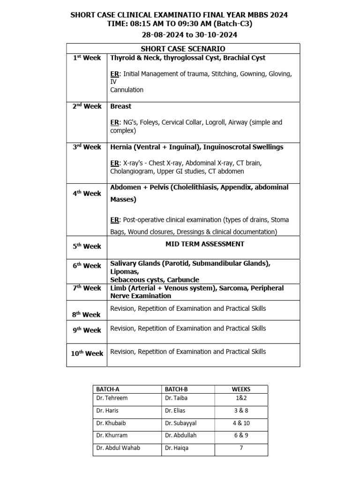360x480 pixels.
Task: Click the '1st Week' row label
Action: (x=87, y=58)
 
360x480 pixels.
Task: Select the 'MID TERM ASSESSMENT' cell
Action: (x=204, y=244)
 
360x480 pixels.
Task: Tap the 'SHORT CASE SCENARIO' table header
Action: (x=183, y=49)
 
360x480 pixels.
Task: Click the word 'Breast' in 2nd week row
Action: (x=120, y=106)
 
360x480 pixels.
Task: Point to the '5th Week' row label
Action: (x=87, y=246)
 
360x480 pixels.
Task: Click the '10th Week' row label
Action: (x=87, y=353)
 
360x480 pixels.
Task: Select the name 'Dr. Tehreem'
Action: (x=112, y=398)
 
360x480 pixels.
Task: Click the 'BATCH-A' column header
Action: (x=108, y=389)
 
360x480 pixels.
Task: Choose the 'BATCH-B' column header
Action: (x=176, y=389)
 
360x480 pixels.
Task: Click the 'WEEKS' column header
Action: (x=241, y=389)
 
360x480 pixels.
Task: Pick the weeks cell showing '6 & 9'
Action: (x=241, y=435)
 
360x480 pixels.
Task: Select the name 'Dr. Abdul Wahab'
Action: (x=118, y=448)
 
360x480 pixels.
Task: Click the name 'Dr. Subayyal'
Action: (x=180, y=423)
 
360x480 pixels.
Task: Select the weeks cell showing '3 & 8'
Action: (x=241, y=410)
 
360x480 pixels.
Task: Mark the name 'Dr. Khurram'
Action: (x=112, y=435)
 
